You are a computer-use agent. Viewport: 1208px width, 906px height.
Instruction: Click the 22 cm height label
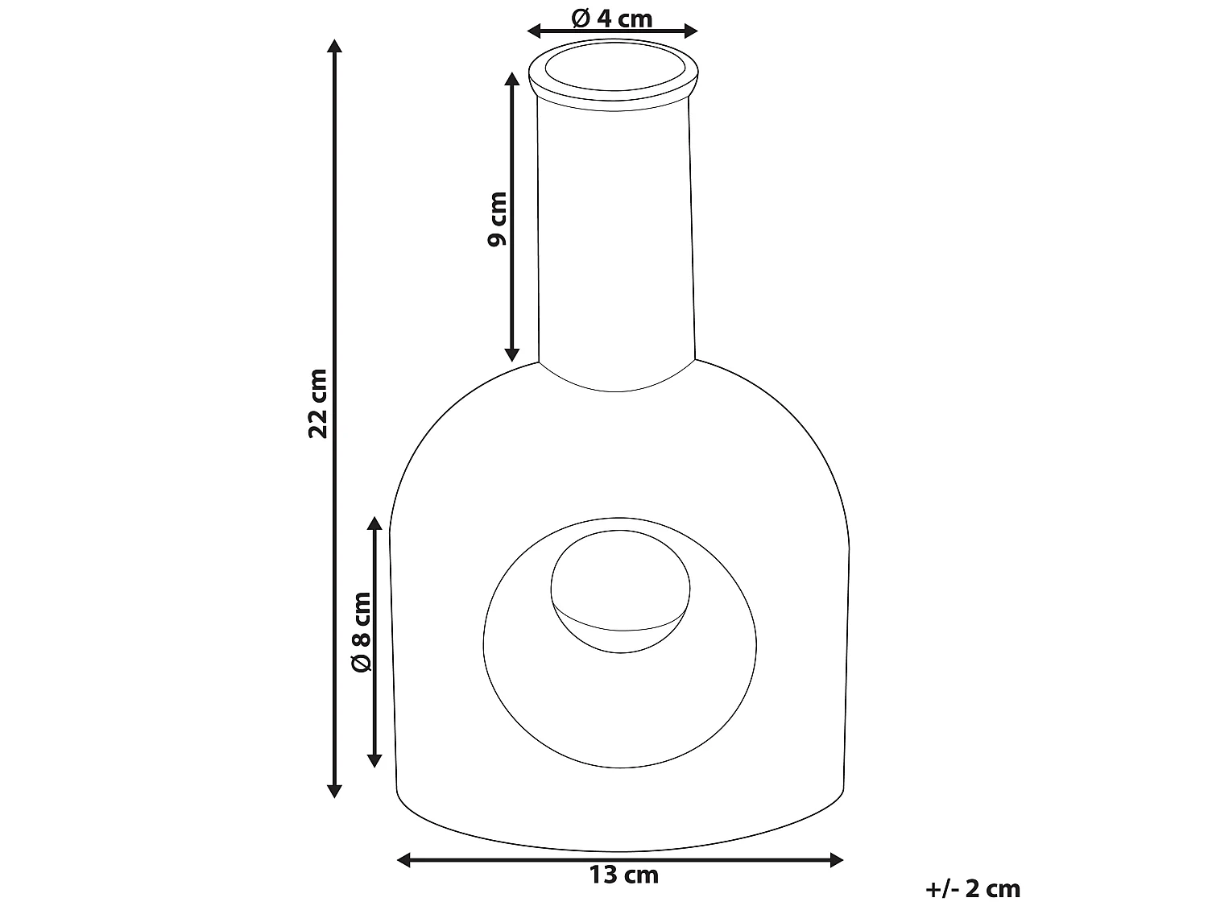point(319,403)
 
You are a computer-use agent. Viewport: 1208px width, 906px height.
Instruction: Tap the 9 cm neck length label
point(497,218)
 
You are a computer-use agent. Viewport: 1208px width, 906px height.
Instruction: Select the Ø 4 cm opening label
point(612,18)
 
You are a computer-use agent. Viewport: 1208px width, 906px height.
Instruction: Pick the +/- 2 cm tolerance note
point(973,889)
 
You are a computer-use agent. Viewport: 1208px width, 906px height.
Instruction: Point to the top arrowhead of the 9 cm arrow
point(511,78)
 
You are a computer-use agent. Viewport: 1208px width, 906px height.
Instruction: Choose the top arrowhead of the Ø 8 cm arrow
point(374,524)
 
